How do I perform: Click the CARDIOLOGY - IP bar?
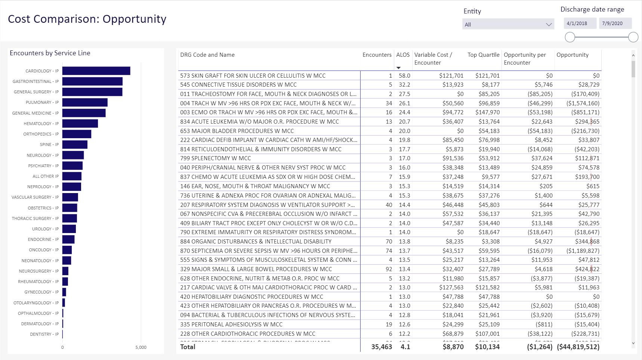click(96, 71)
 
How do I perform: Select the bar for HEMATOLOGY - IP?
click(80, 124)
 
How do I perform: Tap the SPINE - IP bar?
click(75, 145)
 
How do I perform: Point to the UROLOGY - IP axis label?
click(45, 229)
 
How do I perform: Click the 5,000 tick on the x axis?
click(141, 347)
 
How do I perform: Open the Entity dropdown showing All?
click(508, 24)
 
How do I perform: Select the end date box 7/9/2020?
click(615, 23)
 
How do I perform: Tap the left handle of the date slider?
click(570, 37)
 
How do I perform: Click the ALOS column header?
click(403, 55)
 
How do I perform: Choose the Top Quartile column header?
click(483, 55)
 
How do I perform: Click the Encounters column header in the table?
click(377, 55)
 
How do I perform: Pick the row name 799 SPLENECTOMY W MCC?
click(216, 158)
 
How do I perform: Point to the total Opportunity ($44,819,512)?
click(578, 347)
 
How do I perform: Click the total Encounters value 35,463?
click(382, 347)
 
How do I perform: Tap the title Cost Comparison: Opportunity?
click(87, 19)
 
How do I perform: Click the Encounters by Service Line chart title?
click(50, 53)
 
